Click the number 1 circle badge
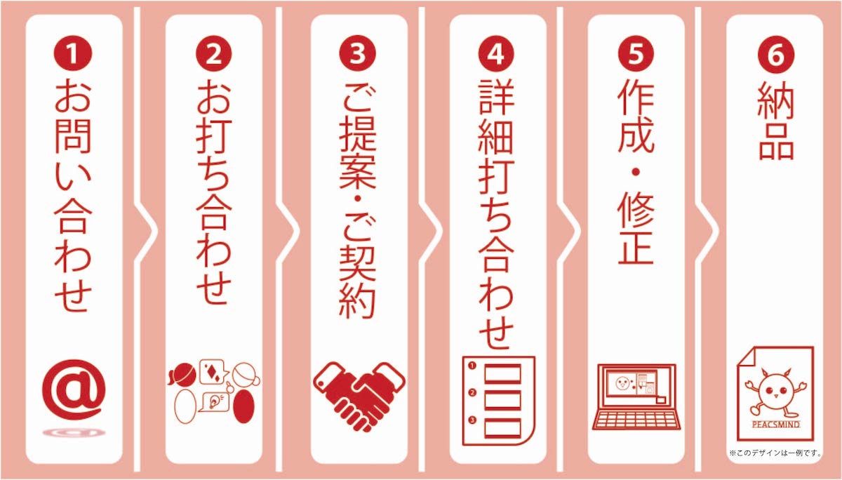pos(73,53)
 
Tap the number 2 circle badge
pos(214,53)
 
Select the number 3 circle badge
pos(357,53)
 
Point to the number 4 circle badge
pos(496,53)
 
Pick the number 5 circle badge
pos(636,53)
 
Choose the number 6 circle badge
pos(776,54)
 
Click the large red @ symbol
pos(74,389)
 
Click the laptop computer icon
pos(636,396)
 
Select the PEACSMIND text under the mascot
pos(775,425)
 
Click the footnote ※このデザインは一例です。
pos(775,453)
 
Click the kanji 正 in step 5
pos(636,246)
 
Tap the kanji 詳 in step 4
pos(496,96)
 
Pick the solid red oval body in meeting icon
pos(244,406)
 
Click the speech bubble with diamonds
pos(213,371)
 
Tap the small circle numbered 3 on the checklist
pos(472,420)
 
